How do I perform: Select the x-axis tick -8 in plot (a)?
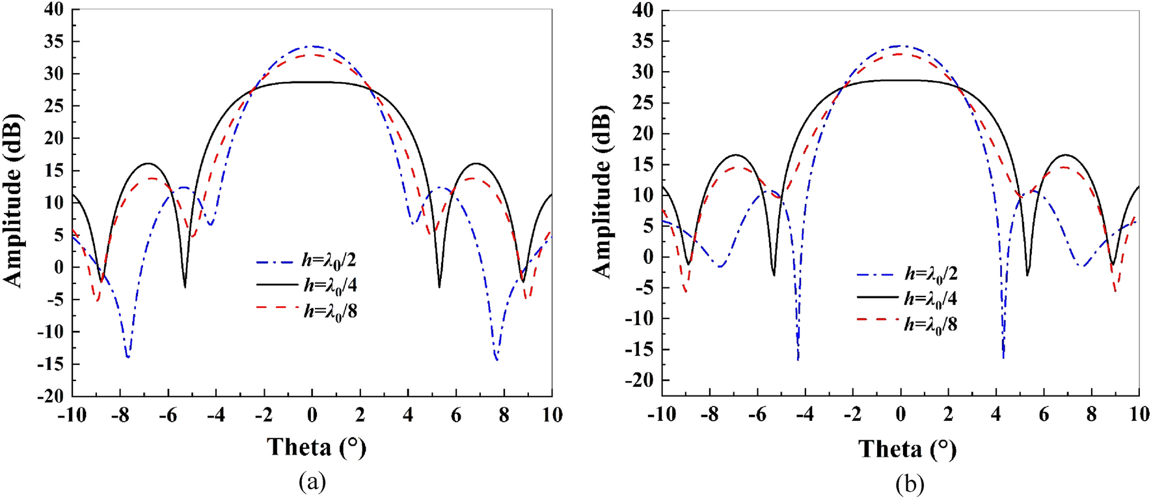(120, 415)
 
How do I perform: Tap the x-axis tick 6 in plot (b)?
(1044, 415)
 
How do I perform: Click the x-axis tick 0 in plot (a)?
(312, 415)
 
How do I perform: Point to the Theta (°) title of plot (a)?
(316, 448)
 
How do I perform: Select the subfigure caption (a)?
(312, 482)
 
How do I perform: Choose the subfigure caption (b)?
(909, 483)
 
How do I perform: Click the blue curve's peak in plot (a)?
(313, 46)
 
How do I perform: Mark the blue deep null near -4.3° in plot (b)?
(798, 358)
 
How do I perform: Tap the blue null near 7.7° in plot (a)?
(496, 359)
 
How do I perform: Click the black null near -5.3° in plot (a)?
(185, 287)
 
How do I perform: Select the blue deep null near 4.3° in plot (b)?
(1003, 357)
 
